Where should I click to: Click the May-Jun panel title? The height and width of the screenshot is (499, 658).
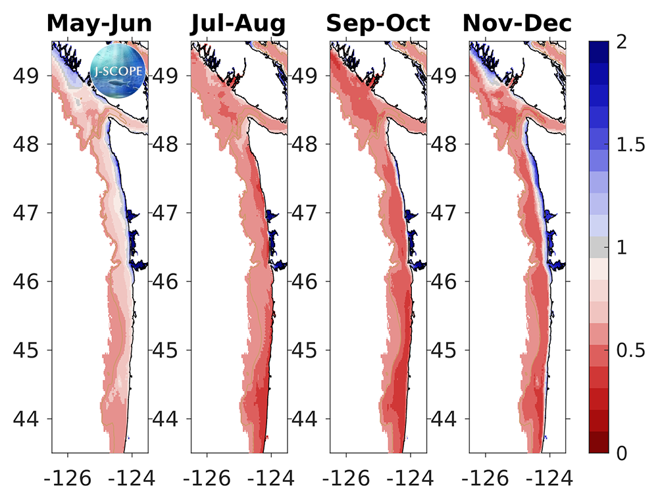99,23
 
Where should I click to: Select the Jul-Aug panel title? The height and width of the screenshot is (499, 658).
238,23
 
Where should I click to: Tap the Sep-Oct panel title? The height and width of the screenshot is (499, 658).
378,23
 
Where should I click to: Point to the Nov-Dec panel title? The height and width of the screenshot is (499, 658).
517,23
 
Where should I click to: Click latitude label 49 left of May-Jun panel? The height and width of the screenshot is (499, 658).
30,75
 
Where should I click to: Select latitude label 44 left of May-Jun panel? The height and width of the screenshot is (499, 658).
30,419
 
